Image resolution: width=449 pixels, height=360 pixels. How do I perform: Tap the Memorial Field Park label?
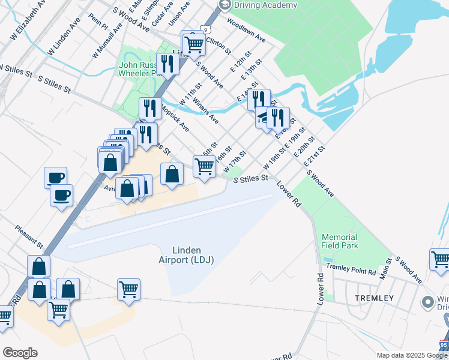[x=340, y=241]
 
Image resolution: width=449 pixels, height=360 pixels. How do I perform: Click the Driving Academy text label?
[x=266, y=5]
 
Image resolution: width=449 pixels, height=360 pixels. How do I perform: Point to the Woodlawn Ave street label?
[x=246, y=29]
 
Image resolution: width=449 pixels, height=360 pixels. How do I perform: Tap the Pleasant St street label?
[x=29, y=237]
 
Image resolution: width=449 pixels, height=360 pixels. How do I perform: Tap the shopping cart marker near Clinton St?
[x=193, y=43]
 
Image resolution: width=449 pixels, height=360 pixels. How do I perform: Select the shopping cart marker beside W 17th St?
[x=204, y=166]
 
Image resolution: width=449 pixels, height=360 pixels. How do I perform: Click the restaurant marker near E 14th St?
[x=259, y=100]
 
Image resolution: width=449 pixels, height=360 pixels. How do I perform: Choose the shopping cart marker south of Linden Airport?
[x=128, y=290]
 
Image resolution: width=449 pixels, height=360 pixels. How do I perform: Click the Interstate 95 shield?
[x=444, y=346]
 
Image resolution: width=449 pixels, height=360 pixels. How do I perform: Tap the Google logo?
[x=20, y=352]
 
